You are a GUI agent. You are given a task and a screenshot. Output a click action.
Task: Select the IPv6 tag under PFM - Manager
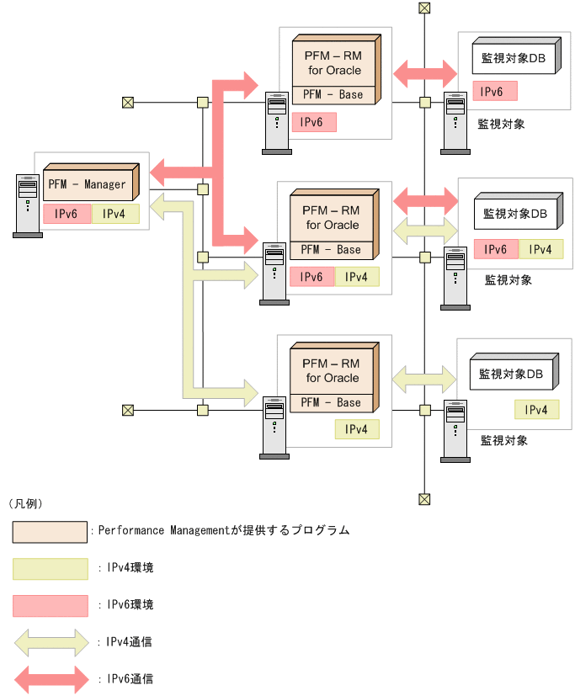click(x=67, y=214)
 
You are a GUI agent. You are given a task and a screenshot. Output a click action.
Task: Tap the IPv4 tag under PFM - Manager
click(x=115, y=214)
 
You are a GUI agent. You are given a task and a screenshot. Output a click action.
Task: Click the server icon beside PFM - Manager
click(x=28, y=205)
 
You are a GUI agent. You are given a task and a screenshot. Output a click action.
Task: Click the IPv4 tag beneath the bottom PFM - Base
click(x=357, y=429)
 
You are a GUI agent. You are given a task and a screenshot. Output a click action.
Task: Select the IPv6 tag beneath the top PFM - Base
click(x=314, y=122)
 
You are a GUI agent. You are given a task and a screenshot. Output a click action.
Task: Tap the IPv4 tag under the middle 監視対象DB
click(x=540, y=249)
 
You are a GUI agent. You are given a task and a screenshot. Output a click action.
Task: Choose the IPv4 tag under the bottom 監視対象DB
click(x=537, y=410)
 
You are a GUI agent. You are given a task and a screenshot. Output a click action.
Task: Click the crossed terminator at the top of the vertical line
click(x=424, y=8)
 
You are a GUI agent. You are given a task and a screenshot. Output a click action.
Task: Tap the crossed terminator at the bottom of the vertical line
click(x=424, y=499)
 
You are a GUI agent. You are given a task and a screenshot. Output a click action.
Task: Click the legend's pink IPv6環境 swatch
click(x=51, y=605)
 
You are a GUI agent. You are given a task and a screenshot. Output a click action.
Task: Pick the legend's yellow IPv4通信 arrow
click(x=51, y=641)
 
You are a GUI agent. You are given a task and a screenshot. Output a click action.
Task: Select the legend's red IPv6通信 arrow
click(x=51, y=678)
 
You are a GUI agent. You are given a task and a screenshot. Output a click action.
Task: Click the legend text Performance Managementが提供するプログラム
click(x=223, y=531)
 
